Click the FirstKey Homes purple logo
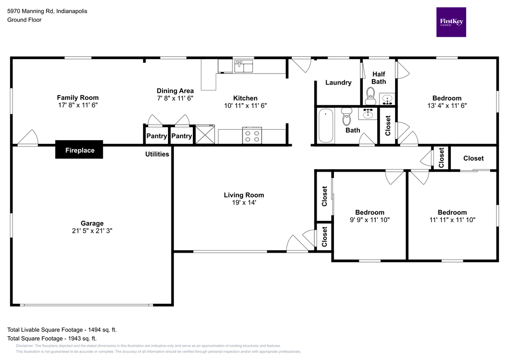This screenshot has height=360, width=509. pyautogui.click(x=451, y=22)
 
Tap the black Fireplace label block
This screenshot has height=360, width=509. pyautogui.click(x=79, y=150)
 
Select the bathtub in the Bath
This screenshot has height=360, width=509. pyautogui.click(x=327, y=126)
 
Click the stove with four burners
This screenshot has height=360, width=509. pyautogui.click(x=252, y=135)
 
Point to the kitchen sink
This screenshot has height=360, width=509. pyautogui.click(x=244, y=66)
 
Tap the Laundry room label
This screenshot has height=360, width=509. pyautogui.click(x=338, y=83)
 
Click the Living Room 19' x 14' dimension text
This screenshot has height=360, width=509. pyautogui.click(x=244, y=202)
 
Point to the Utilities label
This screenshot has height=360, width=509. pyautogui.click(x=157, y=154)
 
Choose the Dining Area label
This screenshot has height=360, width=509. pyautogui.click(x=175, y=90)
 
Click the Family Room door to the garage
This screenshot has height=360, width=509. pyautogui.click(x=28, y=138)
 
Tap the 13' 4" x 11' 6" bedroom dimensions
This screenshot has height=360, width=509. pyautogui.click(x=446, y=105)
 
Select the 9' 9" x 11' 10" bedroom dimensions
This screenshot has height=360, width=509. pyautogui.click(x=369, y=220)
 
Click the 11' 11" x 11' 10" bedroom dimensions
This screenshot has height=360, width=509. pyautogui.click(x=452, y=220)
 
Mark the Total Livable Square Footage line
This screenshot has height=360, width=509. pyautogui.click(x=62, y=330)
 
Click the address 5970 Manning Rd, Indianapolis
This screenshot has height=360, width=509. pyautogui.click(x=47, y=10)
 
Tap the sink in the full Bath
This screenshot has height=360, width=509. pyautogui.click(x=368, y=114)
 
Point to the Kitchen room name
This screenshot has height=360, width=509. pyautogui.click(x=245, y=98)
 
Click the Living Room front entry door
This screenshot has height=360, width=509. pyautogui.click(x=298, y=244)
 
